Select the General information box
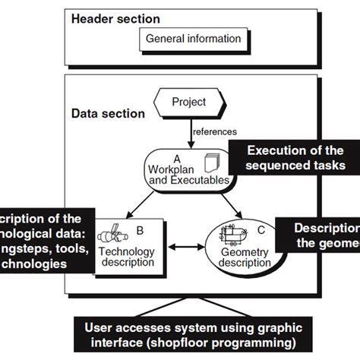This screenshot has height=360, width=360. (193, 39)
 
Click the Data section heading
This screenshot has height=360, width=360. (108, 114)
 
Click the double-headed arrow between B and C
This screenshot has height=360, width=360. (183, 248)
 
